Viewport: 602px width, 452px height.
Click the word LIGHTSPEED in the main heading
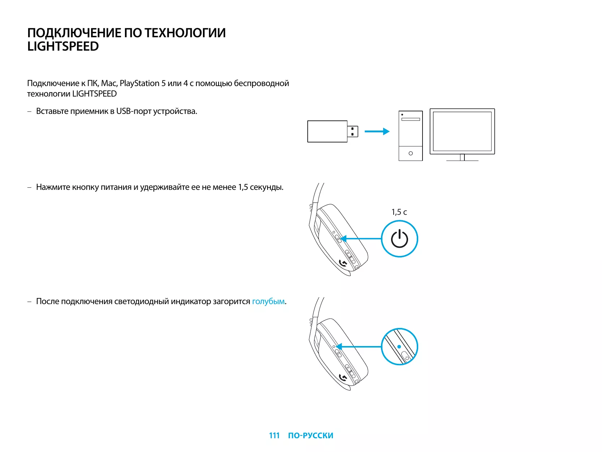[63, 47]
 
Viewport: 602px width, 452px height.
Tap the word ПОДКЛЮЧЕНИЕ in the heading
[74, 33]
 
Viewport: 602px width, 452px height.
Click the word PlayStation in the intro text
[139, 84]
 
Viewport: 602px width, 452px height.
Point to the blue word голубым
[268, 302]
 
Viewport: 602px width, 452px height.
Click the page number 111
[274, 435]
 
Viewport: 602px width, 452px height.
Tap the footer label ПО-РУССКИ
[311, 435]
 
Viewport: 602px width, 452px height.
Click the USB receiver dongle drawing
[327, 131]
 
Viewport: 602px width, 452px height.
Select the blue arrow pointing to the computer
[377, 131]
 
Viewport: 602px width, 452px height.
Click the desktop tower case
[411, 136]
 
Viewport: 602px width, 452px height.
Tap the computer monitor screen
[462, 131]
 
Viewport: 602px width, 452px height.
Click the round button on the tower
[411, 153]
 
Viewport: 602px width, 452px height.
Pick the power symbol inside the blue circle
[399, 239]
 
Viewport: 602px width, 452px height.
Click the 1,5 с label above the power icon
[399, 212]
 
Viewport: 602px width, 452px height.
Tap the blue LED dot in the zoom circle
[399, 346]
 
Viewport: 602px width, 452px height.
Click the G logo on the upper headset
[343, 263]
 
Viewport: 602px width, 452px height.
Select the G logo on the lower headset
[343, 378]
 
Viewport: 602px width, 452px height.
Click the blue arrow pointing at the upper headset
[361, 239]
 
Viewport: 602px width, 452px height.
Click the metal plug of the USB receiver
[353, 131]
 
